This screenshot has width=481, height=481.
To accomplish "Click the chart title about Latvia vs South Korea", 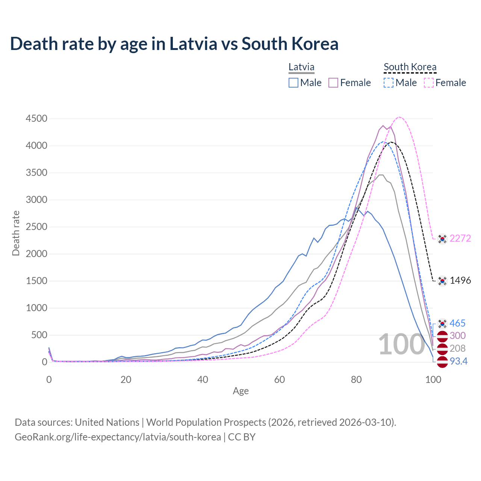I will (174, 44).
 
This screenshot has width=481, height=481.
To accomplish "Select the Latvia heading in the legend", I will (301, 67).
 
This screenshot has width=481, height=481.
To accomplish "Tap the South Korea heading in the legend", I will (410, 67).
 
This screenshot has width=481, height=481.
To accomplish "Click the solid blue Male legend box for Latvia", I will (293, 83).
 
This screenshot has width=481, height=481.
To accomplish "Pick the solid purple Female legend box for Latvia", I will (334, 83).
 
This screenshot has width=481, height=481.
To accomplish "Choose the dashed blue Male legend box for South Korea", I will (389, 83).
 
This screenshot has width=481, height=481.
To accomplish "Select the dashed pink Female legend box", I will (429, 83).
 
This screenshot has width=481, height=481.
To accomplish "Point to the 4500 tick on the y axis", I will (36, 119).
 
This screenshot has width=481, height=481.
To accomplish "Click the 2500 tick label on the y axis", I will (36, 227).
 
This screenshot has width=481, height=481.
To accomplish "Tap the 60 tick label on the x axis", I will (280, 380).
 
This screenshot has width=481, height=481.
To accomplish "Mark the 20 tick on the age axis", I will (126, 380).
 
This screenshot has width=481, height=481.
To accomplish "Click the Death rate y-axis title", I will (16, 233).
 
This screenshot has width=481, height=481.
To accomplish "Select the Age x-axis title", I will (241, 391).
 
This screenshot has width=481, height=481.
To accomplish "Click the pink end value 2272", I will (460, 238).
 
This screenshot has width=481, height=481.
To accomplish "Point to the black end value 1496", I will (460, 281).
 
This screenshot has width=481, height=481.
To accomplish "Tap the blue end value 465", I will (457, 323).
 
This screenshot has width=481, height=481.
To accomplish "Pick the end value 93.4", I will (458, 362).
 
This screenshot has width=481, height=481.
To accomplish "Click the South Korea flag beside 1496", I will (442, 281).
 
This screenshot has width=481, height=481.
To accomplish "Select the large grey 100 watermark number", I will (401, 345).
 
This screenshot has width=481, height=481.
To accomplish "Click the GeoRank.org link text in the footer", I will (118, 437).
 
